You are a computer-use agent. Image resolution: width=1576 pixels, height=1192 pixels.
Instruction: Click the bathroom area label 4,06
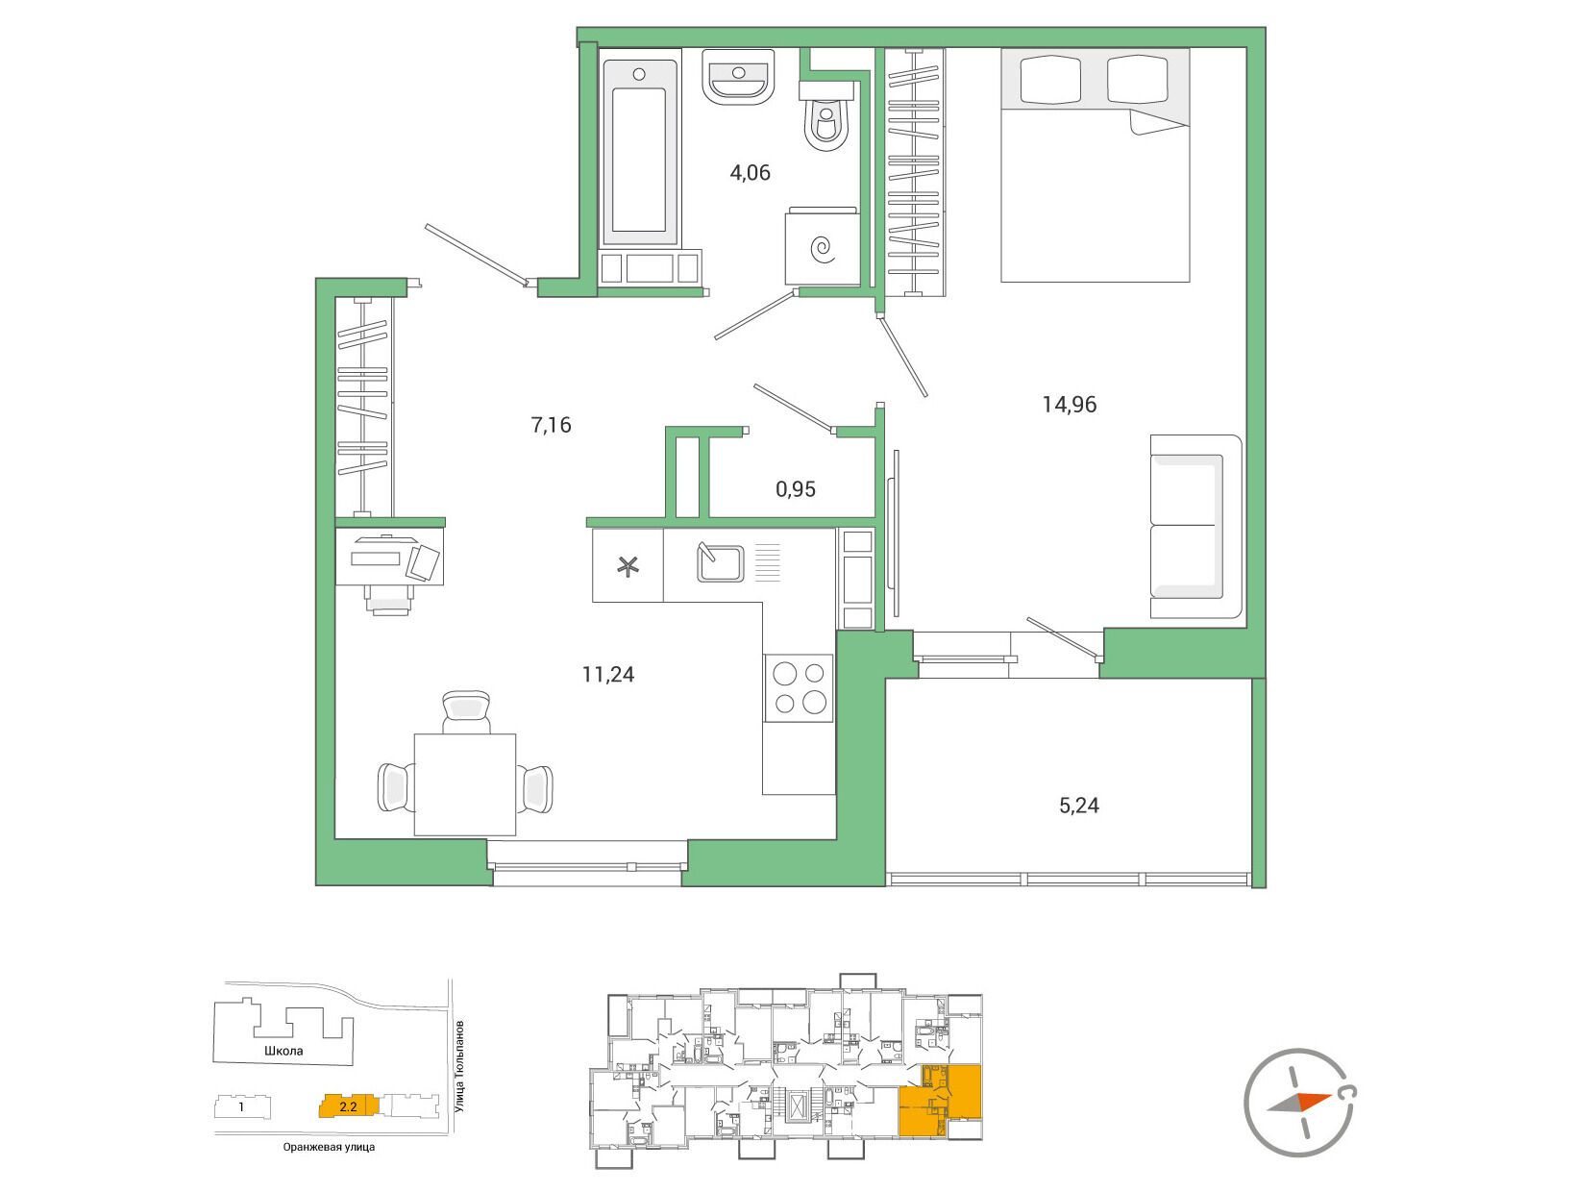point(750,172)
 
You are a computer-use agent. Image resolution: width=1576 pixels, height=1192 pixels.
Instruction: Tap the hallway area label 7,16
point(551,425)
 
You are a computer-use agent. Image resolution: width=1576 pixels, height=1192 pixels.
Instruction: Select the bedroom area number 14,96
point(1070,405)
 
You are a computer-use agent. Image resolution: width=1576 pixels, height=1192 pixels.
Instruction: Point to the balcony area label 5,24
point(1078,805)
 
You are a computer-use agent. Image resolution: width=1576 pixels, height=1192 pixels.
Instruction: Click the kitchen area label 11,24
point(608,674)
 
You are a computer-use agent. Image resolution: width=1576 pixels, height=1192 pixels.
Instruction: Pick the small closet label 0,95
point(796,489)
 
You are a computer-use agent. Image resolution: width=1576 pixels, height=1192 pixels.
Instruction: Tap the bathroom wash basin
point(738,77)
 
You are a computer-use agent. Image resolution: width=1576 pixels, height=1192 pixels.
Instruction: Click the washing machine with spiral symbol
point(822,246)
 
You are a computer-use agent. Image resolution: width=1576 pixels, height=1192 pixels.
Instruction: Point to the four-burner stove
point(800,687)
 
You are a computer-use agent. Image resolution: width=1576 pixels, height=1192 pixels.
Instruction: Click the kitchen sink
point(720,562)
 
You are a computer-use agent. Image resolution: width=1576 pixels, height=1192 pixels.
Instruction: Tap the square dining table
point(465,784)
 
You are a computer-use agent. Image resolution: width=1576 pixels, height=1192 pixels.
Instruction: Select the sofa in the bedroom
point(1195,526)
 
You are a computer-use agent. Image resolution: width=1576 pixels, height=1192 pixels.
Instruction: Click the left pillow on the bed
point(1049,78)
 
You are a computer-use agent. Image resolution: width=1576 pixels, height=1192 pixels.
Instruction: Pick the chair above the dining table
point(466,711)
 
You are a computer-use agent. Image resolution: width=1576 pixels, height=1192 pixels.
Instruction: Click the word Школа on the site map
point(283,1051)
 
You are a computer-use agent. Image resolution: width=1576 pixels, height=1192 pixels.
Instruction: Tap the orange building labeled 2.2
point(348,1106)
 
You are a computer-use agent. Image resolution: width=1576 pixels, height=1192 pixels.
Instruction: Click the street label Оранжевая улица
point(329,1147)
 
